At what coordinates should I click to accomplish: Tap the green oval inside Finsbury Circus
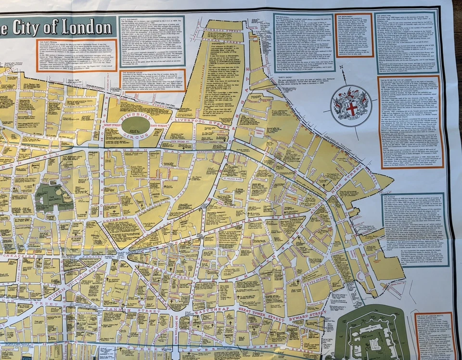coord(135,126)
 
